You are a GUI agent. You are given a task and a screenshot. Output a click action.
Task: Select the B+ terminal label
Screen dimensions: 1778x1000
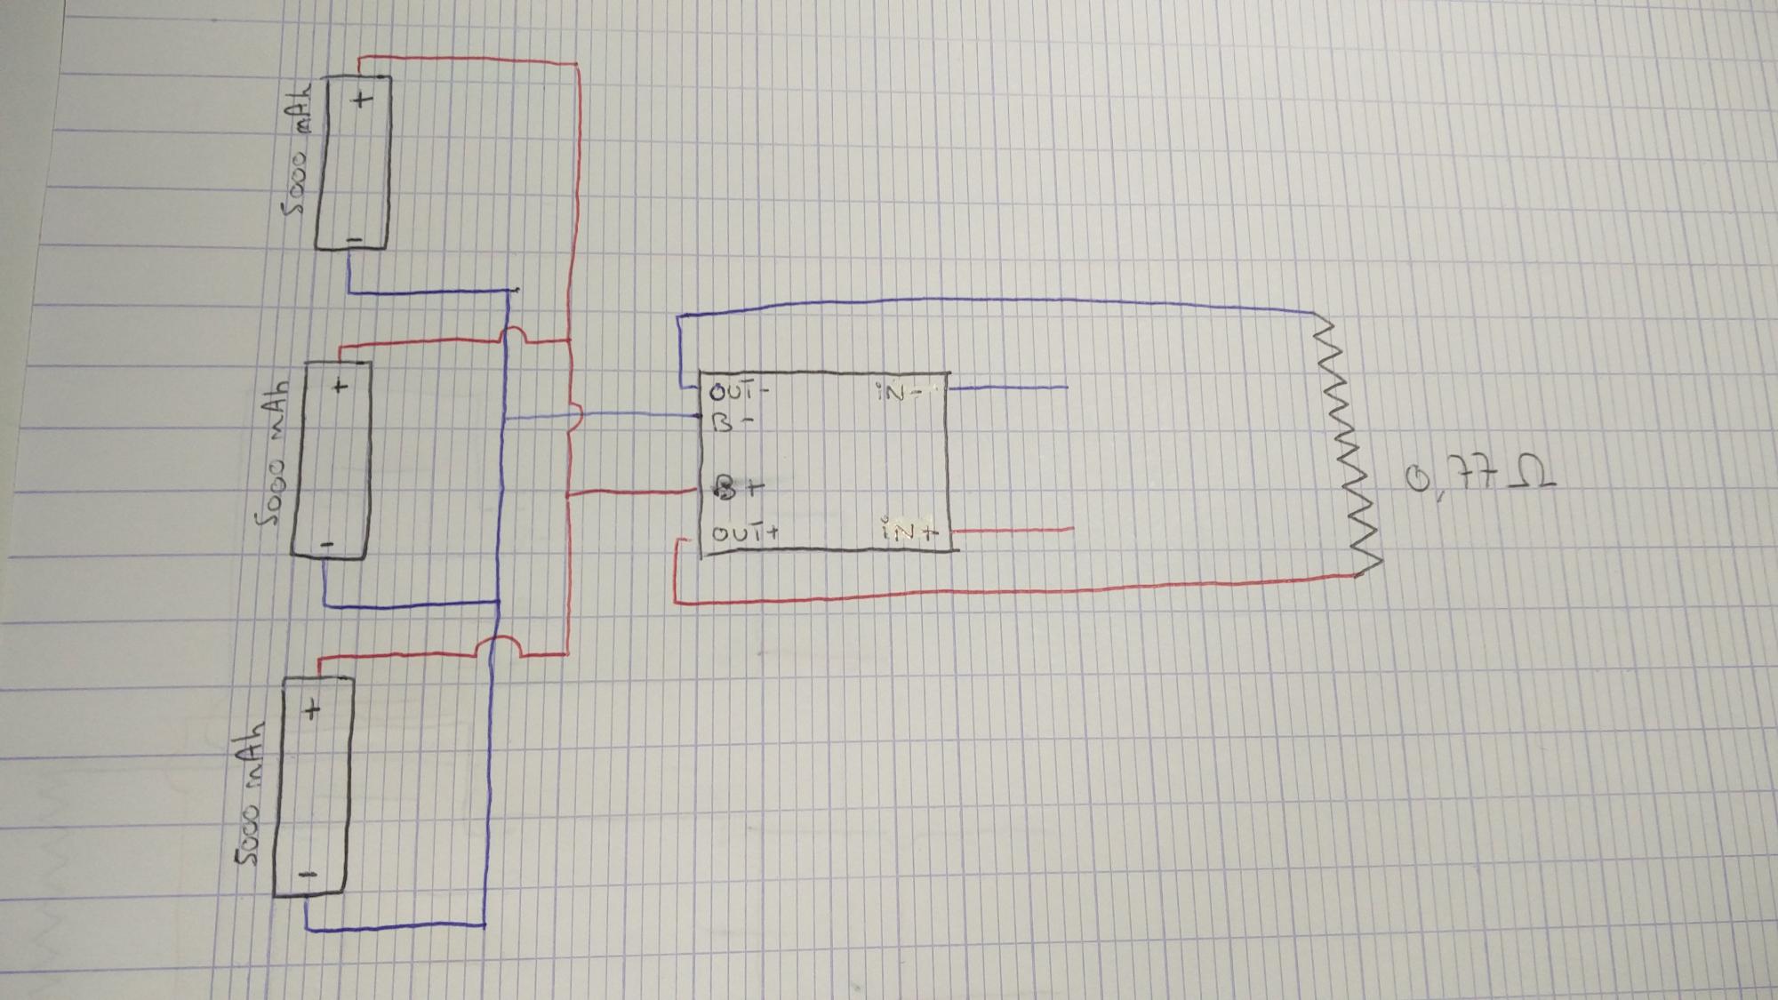739,487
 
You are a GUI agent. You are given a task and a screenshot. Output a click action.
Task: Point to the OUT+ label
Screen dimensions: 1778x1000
746,533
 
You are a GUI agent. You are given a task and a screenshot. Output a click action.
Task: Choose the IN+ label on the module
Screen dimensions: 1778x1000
909,531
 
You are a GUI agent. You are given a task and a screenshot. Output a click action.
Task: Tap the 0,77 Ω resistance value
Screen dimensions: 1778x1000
1479,481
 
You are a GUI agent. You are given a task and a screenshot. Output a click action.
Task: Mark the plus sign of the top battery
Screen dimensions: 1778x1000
362,99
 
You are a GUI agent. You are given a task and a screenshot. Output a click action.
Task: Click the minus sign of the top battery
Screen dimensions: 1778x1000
354,239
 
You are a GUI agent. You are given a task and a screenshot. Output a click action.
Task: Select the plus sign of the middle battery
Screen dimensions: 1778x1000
340,386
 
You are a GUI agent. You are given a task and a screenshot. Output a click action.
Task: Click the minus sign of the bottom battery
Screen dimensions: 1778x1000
307,875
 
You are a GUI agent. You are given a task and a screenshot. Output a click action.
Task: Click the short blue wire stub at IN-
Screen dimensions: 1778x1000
1009,388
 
